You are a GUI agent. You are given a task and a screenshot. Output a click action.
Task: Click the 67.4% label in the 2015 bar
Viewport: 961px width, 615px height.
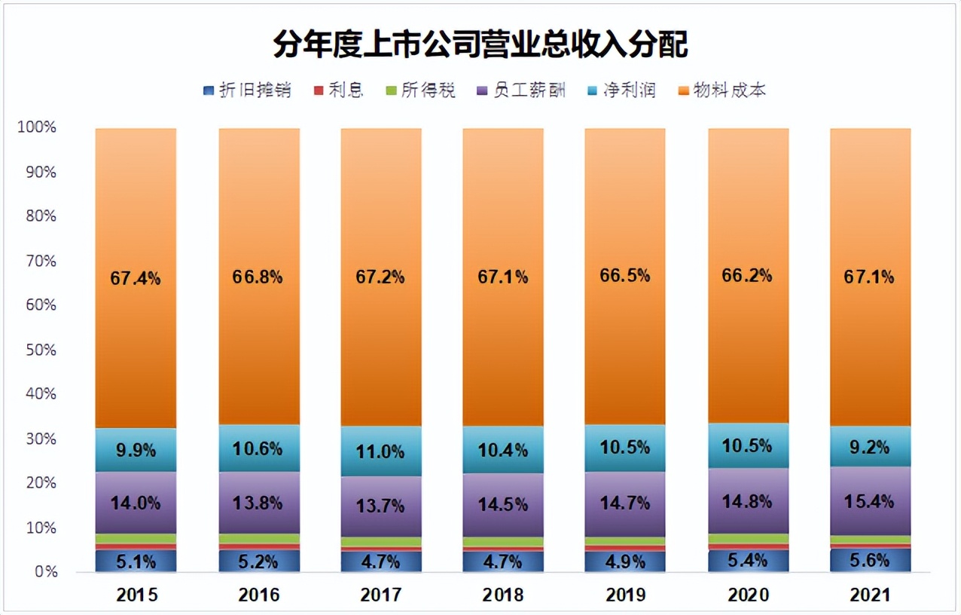[136, 278]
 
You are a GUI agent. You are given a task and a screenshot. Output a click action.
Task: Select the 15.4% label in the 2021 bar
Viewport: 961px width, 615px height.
[870, 501]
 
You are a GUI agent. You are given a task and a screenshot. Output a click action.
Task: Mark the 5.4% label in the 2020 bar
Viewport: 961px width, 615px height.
[748, 560]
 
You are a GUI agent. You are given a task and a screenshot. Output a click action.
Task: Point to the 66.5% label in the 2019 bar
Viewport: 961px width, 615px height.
[625, 275]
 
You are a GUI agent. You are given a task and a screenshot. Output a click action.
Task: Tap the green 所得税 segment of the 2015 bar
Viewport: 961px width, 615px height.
[136, 538]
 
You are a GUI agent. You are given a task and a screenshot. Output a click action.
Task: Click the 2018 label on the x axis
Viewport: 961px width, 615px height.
[503, 595]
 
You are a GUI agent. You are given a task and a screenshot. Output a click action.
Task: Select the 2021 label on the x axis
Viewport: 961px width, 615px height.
[870, 595]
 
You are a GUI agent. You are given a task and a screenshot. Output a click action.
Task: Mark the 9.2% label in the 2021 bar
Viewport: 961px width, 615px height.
[870, 448]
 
